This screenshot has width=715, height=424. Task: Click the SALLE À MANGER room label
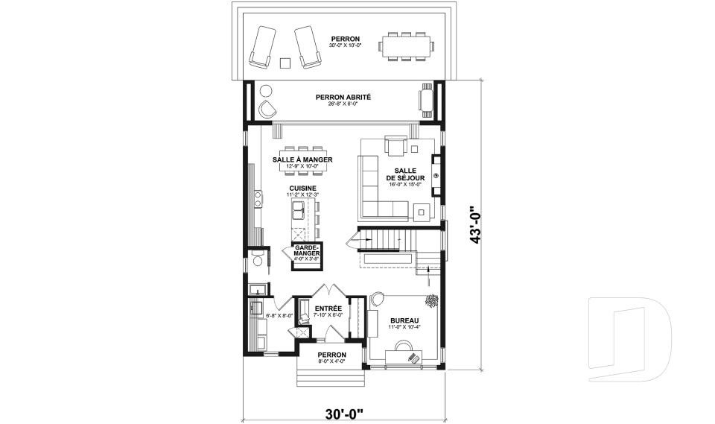pyautogui.click(x=302, y=160)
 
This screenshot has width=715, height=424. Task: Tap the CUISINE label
pyautogui.click(x=302, y=189)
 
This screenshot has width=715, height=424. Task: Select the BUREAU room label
pyautogui.click(x=404, y=321)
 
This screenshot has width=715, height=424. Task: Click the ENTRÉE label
pyautogui.click(x=328, y=308)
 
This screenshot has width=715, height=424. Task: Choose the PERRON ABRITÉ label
pyautogui.click(x=343, y=97)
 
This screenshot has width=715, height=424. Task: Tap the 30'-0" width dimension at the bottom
pyautogui.click(x=343, y=411)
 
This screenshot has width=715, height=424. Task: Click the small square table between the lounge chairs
pyautogui.click(x=285, y=63)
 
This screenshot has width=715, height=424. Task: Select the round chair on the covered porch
pyautogui.click(x=267, y=110)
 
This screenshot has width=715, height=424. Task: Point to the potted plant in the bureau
pyautogui.click(x=431, y=300)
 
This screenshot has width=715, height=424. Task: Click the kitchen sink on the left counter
pyautogui.click(x=258, y=198)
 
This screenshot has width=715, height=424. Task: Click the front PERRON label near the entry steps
pyautogui.click(x=331, y=355)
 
